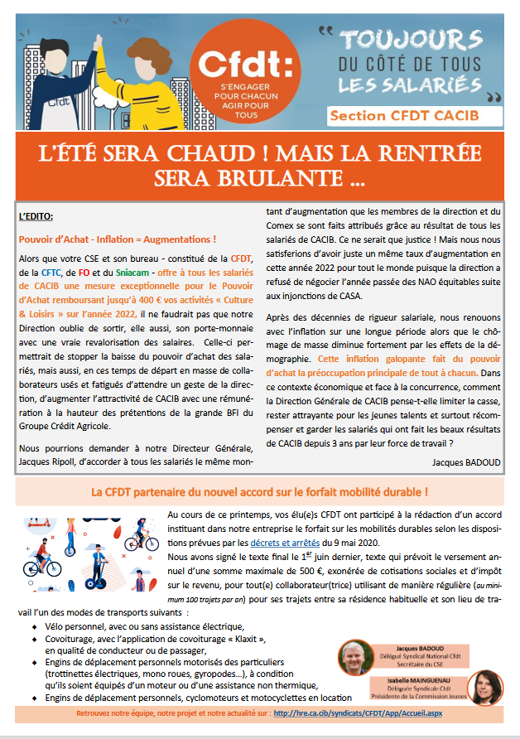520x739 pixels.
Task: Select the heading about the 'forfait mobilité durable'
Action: click(x=260, y=492)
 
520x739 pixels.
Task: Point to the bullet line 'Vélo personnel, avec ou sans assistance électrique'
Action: click(x=150, y=626)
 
